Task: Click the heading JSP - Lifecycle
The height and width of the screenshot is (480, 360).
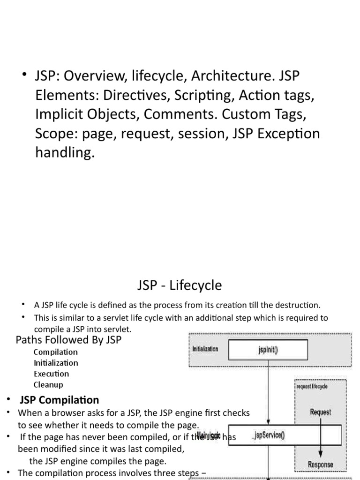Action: click(x=180, y=285)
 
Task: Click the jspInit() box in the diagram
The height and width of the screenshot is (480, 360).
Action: click(x=268, y=349)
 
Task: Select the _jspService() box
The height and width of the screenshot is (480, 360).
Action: click(x=268, y=435)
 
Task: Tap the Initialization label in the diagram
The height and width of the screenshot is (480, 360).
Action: click(x=205, y=349)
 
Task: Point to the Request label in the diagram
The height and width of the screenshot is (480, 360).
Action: click(x=320, y=412)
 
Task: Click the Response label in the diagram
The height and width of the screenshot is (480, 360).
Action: click(x=321, y=465)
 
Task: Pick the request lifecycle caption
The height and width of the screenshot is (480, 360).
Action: click(x=312, y=386)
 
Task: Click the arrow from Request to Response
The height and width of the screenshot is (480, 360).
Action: click(x=321, y=438)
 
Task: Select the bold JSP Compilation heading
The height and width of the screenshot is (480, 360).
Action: click(x=59, y=400)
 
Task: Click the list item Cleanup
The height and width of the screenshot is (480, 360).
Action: click(x=48, y=385)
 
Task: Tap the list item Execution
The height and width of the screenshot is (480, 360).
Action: click(x=51, y=374)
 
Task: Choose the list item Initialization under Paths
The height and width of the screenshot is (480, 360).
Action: click(x=56, y=363)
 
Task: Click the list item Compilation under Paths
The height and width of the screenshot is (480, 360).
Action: click(x=56, y=352)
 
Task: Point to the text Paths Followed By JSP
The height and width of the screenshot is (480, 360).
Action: click(x=68, y=340)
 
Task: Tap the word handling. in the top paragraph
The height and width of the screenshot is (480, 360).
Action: click(x=65, y=153)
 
